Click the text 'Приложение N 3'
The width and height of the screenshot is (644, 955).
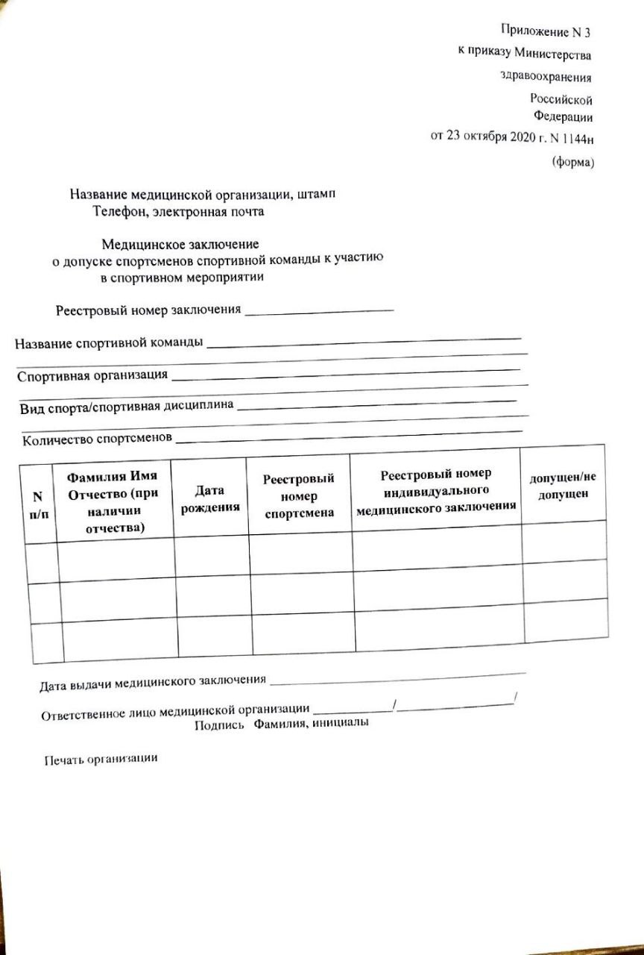[x=547, y=31]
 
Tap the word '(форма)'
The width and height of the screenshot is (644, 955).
[x=572, y=162]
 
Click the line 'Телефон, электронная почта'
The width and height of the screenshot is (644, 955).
[x=178, y=211]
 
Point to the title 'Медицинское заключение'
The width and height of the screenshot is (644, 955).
[x=180, y=243]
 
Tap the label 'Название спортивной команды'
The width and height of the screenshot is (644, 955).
[x=109, y=344]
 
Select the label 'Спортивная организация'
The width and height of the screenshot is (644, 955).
[x=92, y=375]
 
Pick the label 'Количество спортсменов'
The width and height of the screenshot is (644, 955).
[x=97, y=439]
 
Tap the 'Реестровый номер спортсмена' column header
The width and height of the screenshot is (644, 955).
[x=299, y=495]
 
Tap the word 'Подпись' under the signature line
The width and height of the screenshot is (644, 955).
[x=220, y=724]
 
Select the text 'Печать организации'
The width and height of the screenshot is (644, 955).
[x=101, y=759]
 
